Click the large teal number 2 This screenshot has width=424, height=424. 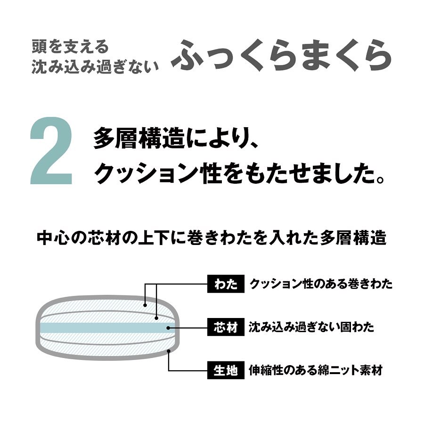pos(51,150)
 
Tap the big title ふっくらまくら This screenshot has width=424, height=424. pos(281,56)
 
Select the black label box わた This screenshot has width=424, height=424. pos(226,284)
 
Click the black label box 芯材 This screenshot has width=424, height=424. pos(226,327)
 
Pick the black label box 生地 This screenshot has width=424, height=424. pos(226,370)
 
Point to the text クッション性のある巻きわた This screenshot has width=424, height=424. pos(321,284)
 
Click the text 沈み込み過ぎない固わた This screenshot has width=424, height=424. pos(311,327)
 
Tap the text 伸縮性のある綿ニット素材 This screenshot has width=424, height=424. pos(316,370)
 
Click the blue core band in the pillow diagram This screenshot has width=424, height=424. pos(106,328)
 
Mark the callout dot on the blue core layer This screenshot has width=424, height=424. pos(168,328)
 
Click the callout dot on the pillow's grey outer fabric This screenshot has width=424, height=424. pos(169,351)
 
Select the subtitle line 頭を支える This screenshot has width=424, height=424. pos(70,47)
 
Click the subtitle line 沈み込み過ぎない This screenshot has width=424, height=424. pos(95,66)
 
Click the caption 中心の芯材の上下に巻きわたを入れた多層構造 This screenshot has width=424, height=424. pos(212,238)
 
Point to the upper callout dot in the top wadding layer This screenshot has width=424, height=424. pos(145,305)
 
